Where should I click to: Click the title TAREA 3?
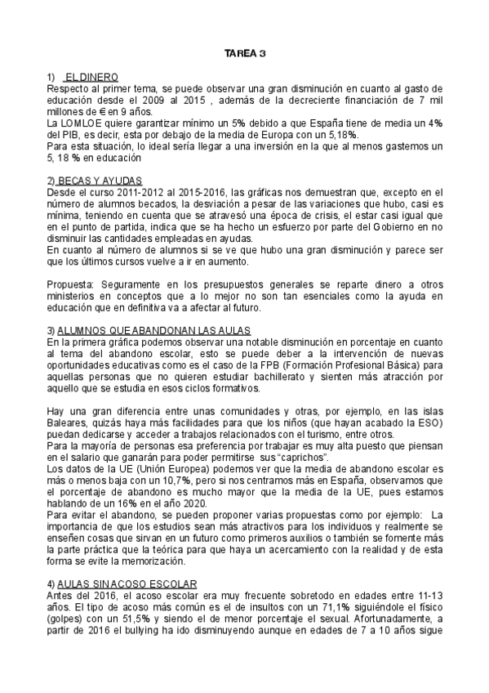click(x=245, y=55)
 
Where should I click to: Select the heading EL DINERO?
click(x=92, y=75)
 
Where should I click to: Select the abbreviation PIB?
click(x=70, y=134)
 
